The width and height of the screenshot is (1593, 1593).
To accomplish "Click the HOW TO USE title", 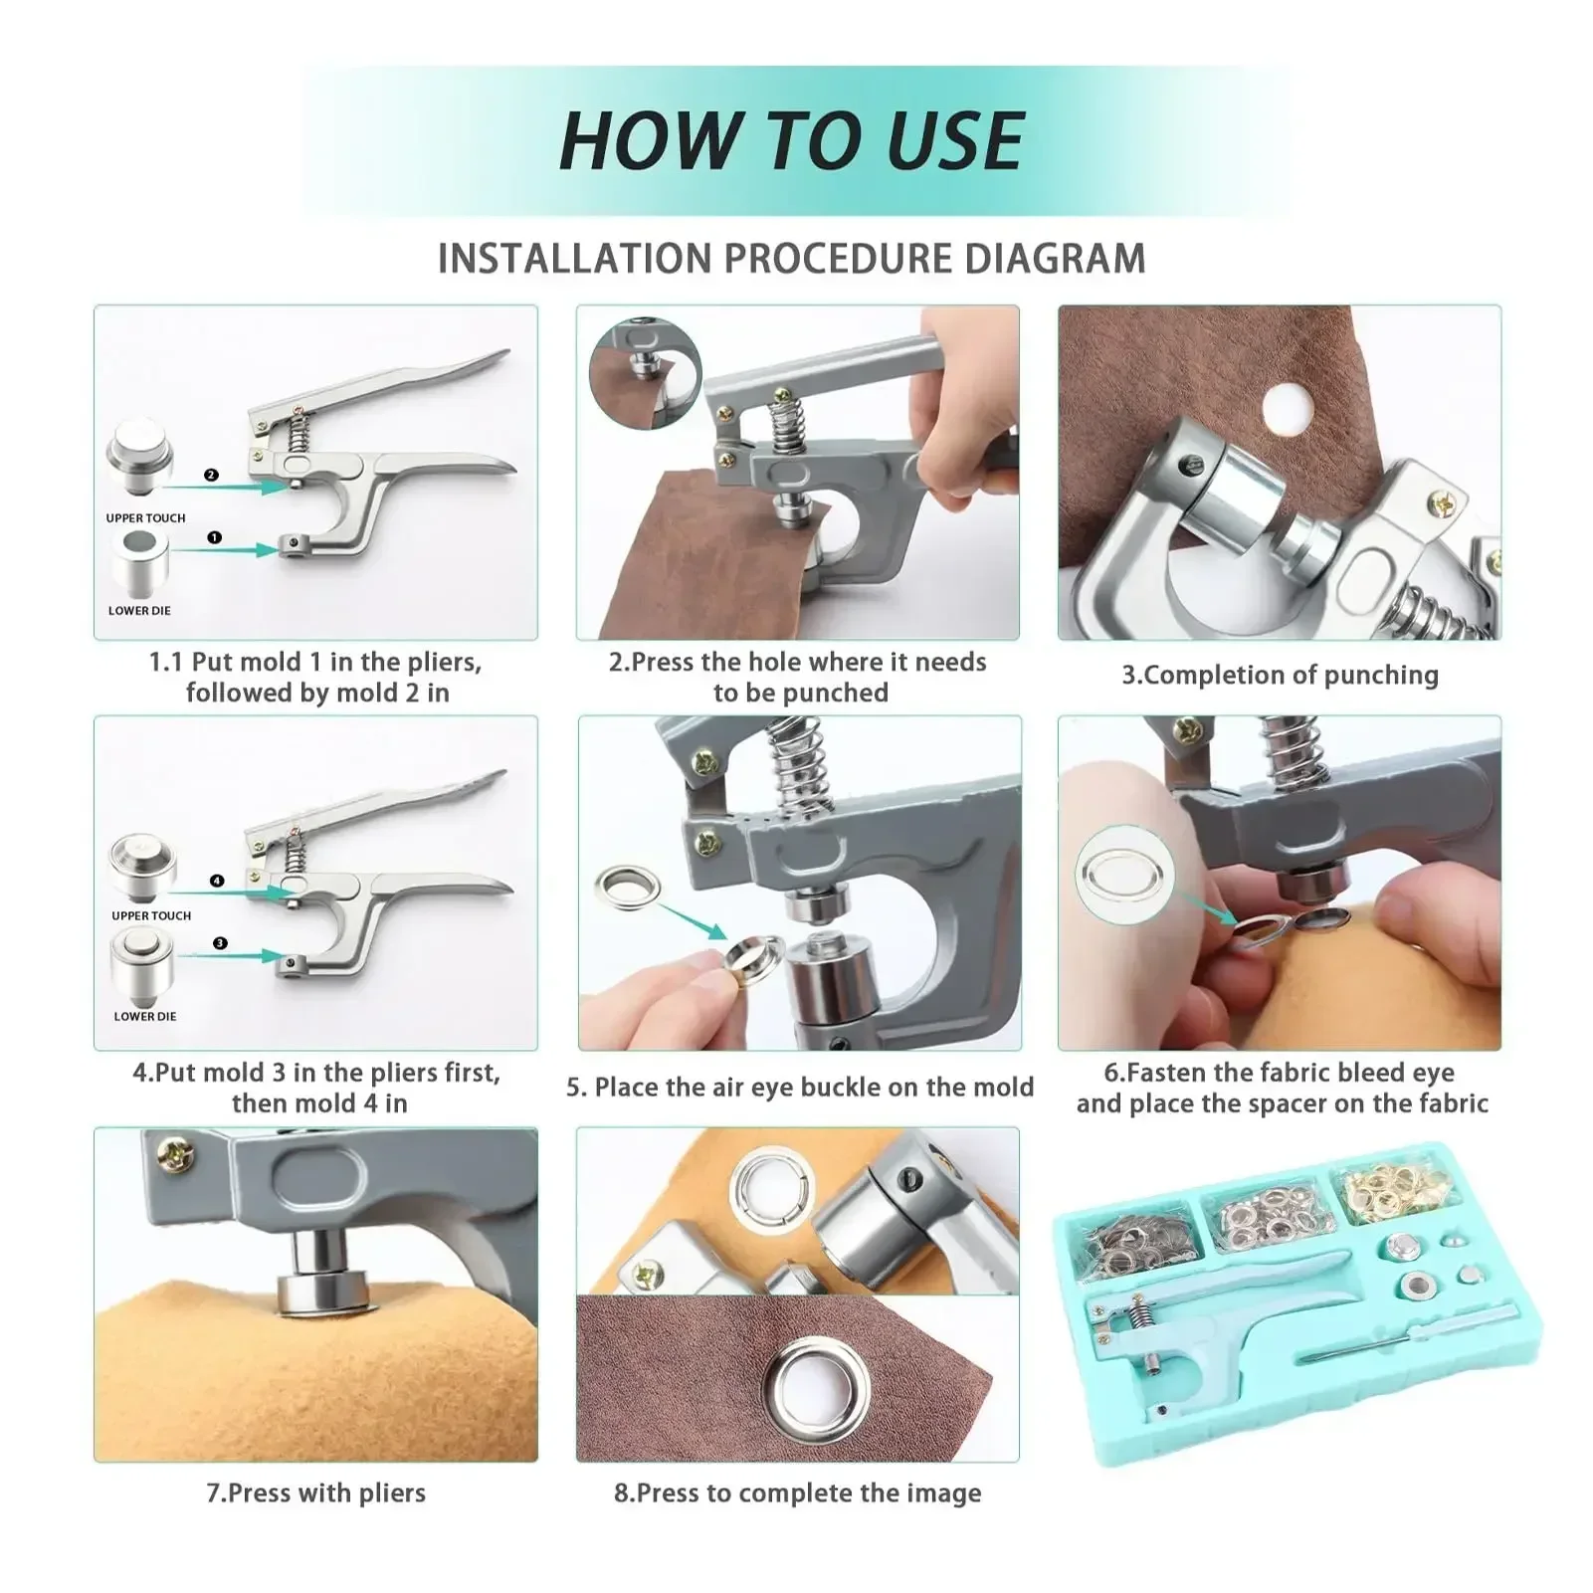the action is tap(791, 140).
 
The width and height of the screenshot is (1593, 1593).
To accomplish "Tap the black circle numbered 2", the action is tap(211, 476).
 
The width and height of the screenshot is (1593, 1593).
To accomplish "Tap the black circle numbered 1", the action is tap(214, 537).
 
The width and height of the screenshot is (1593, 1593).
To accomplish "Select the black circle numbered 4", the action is tap(217, 881).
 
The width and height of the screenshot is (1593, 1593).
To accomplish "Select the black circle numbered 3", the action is tap(220, 943).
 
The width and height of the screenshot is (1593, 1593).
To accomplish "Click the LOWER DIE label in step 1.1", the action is tap(139, 611).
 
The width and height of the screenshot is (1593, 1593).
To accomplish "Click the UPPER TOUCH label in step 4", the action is tap(151, 915).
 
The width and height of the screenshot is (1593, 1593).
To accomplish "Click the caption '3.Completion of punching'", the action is tap(1281, 676).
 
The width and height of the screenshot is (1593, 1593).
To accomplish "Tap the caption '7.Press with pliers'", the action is tap(316, 1493).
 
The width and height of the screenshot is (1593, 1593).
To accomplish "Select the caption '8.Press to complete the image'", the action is tap(798, 1493).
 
